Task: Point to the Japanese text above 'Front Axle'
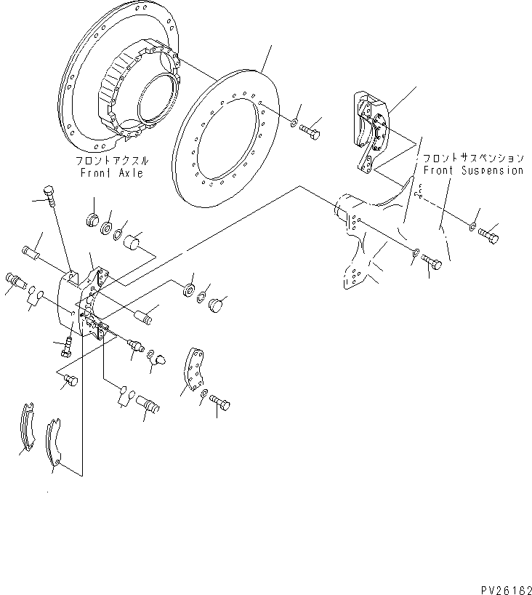click(x=113, y=161)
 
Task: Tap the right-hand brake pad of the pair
click(x=53, y=443)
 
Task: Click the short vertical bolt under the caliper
click(x=65, y=346)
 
